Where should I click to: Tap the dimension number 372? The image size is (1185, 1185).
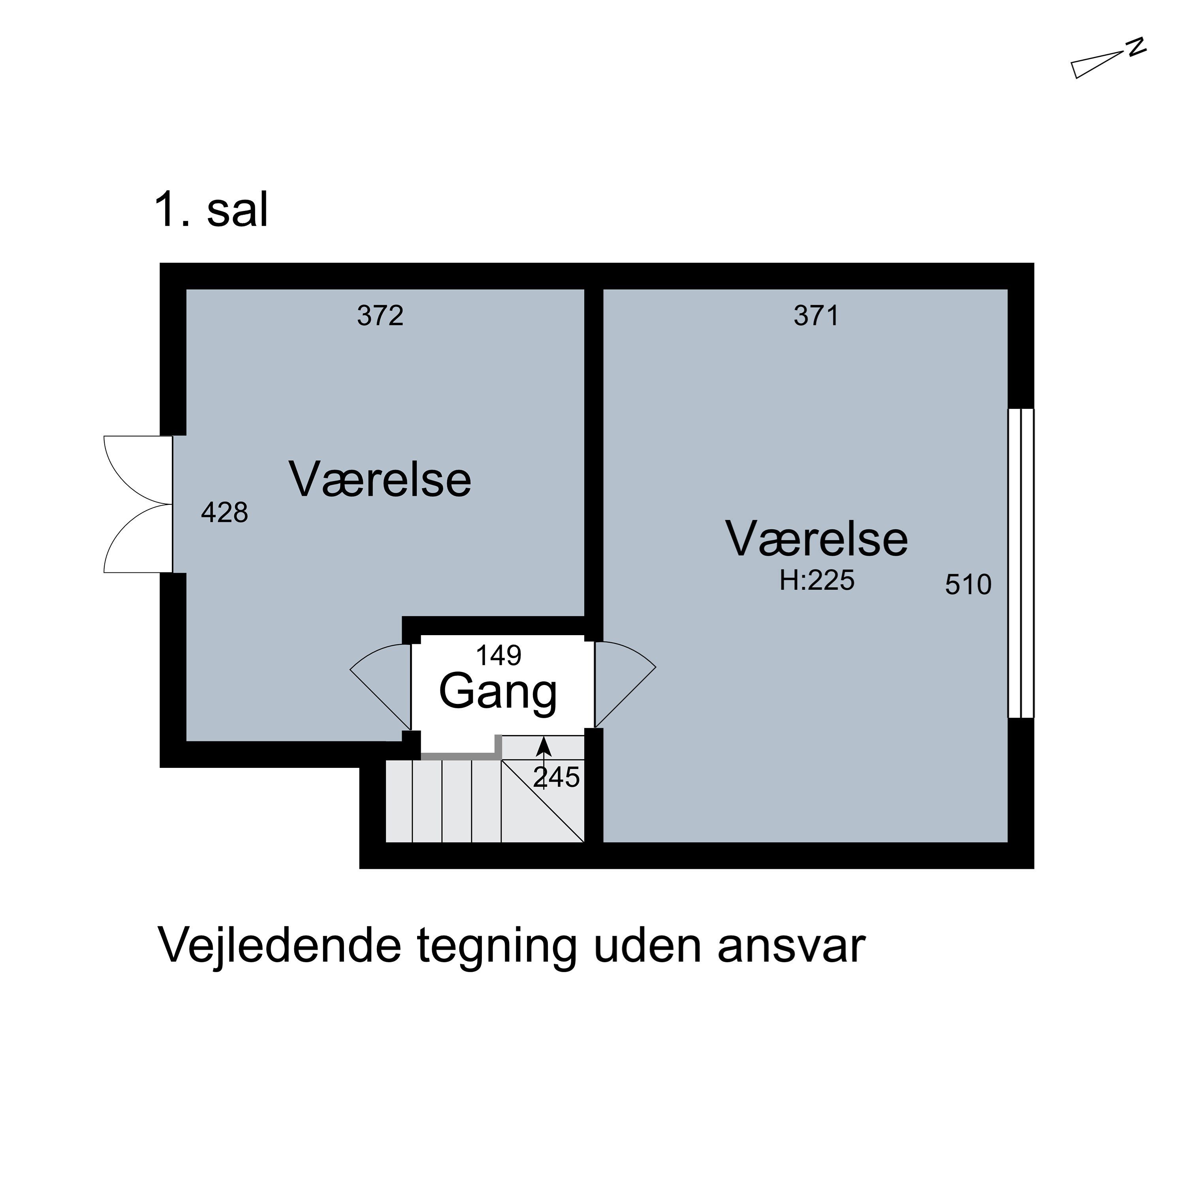tap(380, 316)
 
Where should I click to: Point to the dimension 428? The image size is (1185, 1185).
tap(224, 513)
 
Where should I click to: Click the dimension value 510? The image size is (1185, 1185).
tap(968, 585)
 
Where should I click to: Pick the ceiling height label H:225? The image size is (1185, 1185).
tap(816, 580)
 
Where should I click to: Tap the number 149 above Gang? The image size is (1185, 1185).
tap(498, 656)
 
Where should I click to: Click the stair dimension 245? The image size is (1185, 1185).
tap(556, 778)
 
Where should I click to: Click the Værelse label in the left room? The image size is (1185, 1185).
tap(380, 480)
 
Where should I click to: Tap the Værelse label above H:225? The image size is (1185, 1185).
tap(816, 539)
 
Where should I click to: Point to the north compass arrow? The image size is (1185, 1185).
tap(1098, 65)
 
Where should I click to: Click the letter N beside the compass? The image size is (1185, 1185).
tap(1136, 47)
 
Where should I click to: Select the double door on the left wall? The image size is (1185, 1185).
tap(138, 504)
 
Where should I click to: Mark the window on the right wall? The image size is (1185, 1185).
tap(1021, 563)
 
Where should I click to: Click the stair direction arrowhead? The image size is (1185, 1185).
tap(544, 747)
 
